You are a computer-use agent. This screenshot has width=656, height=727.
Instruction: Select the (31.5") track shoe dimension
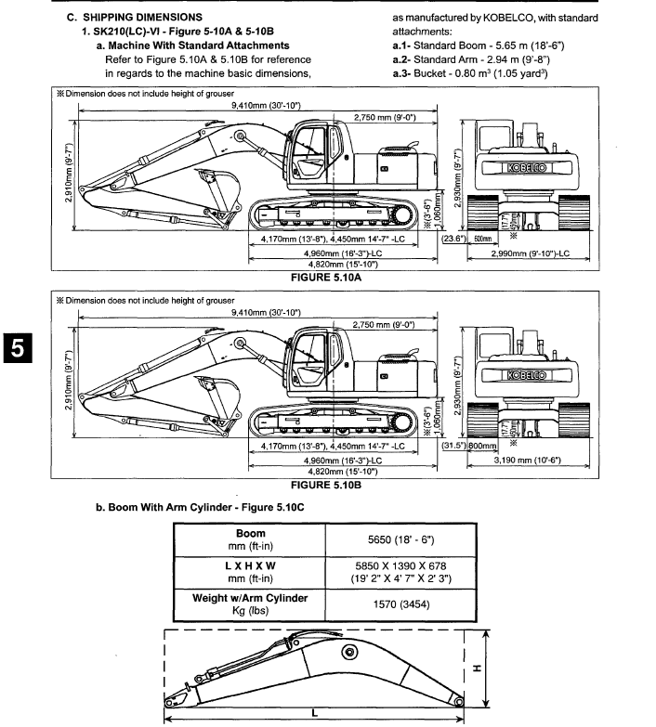click(454, 445)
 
